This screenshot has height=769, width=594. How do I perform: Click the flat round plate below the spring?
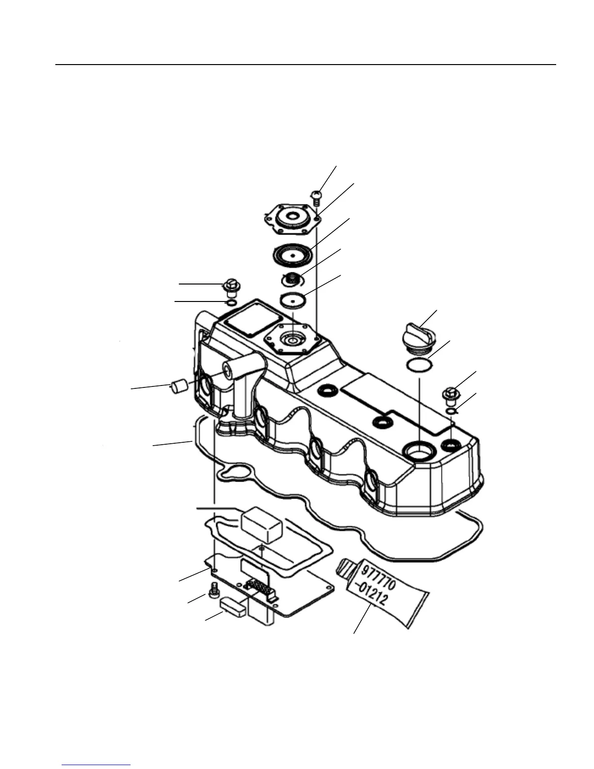coord(292,300)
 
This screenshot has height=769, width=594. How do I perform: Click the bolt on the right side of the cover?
coord(450,395)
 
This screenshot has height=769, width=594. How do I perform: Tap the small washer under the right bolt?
coord(451,411)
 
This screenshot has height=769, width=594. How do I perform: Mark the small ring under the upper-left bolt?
coord(232,303)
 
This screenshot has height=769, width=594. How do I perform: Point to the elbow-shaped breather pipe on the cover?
coord(243,384)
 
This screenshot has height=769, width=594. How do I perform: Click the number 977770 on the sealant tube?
coord(379,577)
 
